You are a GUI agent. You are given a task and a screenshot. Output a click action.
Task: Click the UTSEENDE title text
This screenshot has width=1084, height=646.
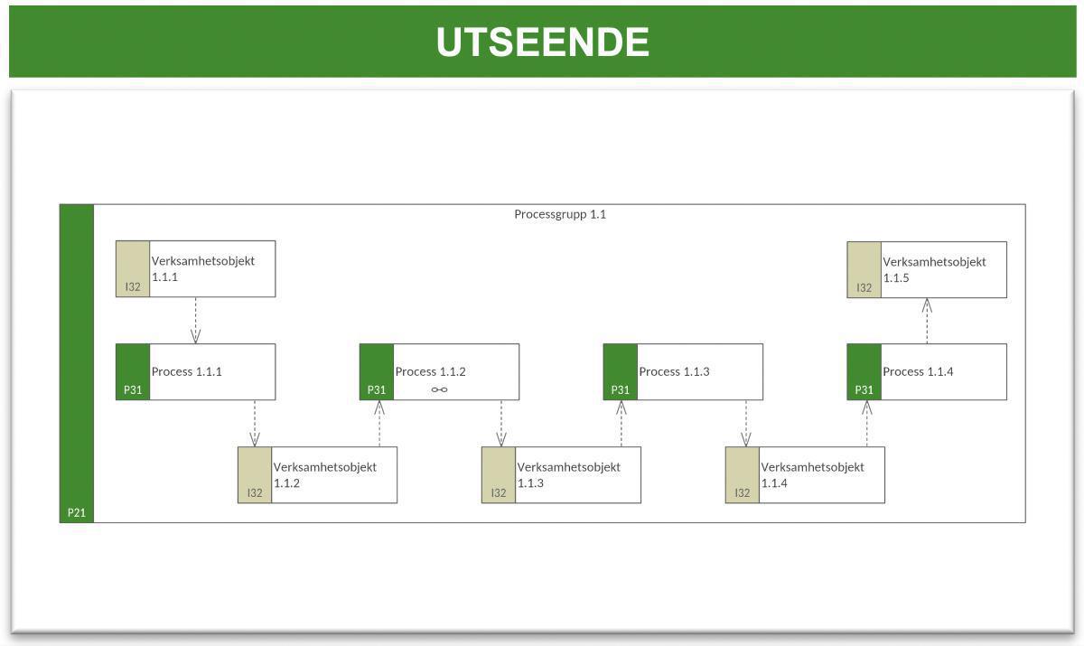(x=542, y=42)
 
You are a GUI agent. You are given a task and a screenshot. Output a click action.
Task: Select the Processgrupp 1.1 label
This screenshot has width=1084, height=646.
(x=560, y=215)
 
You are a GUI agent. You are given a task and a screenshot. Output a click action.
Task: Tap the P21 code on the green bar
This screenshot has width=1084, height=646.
(x=77, y=513)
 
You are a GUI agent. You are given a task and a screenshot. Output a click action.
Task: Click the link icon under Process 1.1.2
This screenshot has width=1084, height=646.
(x=439, y=390)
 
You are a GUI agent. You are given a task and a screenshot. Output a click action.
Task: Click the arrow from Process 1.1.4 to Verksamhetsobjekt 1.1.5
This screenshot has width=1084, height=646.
(x=927, y=321)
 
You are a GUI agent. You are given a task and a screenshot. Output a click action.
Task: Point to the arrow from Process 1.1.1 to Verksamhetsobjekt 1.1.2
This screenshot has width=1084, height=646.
(x=255, y=423)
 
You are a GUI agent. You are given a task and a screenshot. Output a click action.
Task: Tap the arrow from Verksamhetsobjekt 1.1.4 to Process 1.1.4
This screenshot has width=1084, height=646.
(x=867, y=423)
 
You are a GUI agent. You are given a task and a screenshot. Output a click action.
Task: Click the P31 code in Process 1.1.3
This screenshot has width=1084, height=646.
(x=620, y=390)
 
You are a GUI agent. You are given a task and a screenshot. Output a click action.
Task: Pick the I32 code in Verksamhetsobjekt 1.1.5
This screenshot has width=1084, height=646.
(x=864, y=288)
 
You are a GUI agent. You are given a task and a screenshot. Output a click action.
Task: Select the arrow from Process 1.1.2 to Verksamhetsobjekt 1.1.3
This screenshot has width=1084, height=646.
(x=501, y=423)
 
